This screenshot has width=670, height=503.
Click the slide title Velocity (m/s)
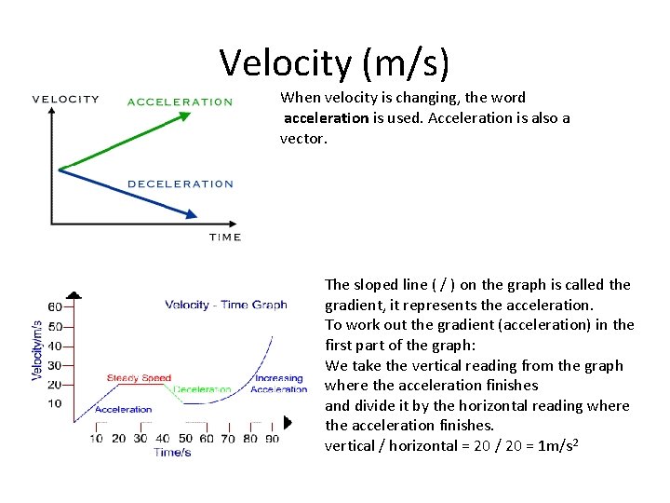[335, 62]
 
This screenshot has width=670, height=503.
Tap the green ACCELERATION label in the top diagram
[180, 102]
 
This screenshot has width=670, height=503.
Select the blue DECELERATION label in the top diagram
[180, 184]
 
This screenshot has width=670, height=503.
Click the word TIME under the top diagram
[225, 238]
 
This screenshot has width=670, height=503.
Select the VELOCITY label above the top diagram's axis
[65, 100]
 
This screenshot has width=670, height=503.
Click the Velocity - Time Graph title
[226, 305]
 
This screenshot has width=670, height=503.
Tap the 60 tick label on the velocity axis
[55, 306]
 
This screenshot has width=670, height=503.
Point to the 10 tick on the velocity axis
[55, 403]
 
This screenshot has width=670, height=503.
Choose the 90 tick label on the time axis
[272, 439]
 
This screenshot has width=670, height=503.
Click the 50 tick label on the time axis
[185, 439]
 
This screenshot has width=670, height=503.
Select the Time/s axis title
[172, 453]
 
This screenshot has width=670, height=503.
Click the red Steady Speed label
[139, 378]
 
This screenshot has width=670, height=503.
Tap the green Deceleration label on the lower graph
[202, 389]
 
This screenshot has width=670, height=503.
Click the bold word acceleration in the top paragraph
[326, 118]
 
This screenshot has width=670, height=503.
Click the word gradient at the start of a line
[352, 305]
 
